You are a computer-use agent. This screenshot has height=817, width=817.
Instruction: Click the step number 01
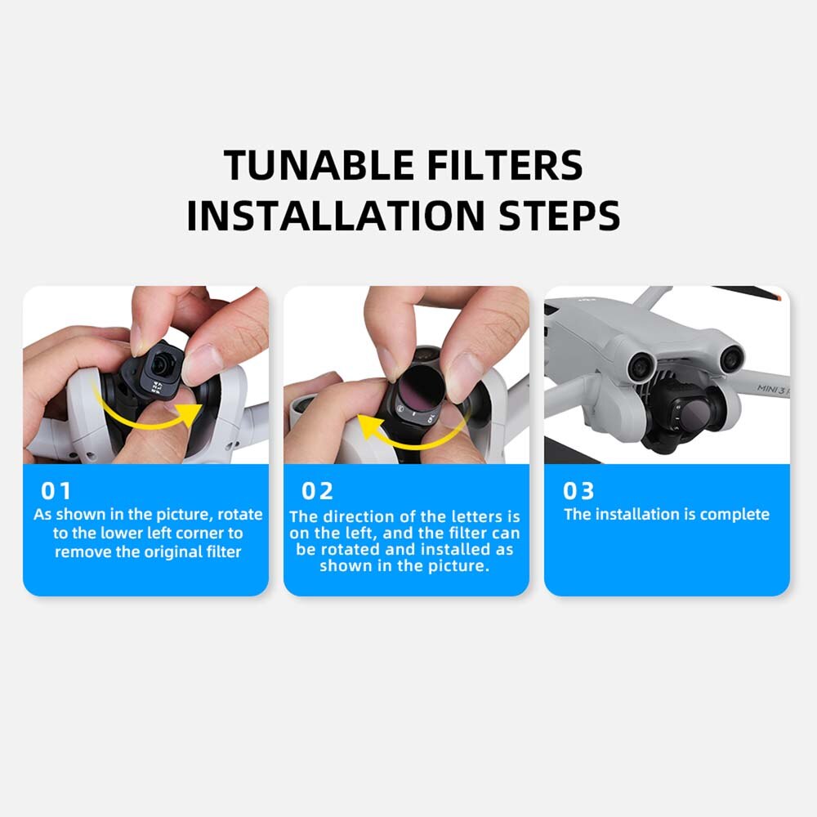click(56, 491)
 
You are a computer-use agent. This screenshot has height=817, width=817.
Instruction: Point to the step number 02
click(318, 491)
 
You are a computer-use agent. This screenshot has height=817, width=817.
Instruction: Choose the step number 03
click(578, 491)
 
